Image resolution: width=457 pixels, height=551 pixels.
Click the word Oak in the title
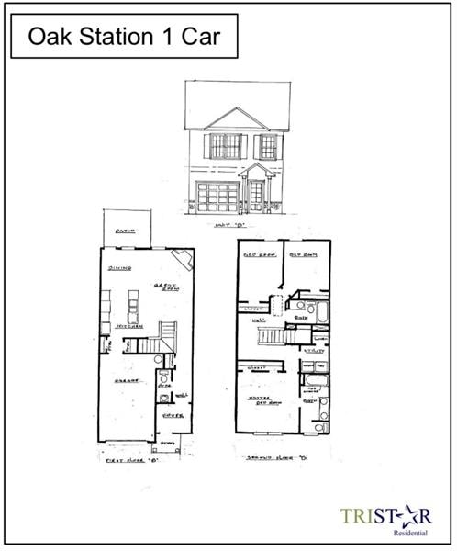[49, 37]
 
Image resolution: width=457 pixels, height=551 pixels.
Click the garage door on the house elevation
[217, 197]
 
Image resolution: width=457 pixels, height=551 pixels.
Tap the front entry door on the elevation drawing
[255, 196]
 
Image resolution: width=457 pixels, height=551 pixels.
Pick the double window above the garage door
[225, 145]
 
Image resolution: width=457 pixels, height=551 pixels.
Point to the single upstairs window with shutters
[268, 145]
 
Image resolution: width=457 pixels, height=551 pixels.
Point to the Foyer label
[173, 415]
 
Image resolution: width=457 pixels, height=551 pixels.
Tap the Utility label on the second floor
[314, 350]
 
